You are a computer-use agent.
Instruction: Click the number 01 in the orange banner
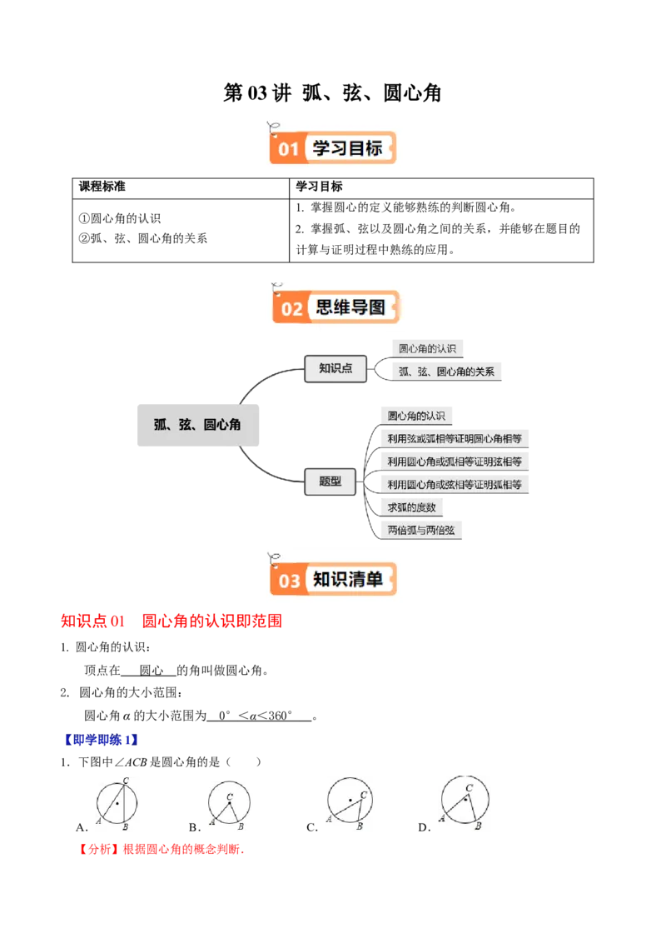coord(288,150)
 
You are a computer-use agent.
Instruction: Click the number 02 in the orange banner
coord(291,309)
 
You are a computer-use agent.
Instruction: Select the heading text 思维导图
coord(351,307)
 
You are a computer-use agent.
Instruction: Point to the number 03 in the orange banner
coord(289,581)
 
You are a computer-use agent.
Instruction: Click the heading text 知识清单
coord(348,579)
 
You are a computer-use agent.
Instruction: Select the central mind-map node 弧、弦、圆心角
coord(197,424)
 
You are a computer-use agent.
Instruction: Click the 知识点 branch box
coord(335,368)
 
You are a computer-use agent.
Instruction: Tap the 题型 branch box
coord(330,481)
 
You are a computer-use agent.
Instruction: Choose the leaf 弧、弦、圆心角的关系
coord(446,372)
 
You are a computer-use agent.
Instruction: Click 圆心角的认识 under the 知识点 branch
coord(427,348)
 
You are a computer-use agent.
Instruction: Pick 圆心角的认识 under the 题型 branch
coord(416,416)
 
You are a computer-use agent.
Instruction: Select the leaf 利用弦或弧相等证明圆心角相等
coord(455,438)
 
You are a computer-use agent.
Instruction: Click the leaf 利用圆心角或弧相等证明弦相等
coord(455,462)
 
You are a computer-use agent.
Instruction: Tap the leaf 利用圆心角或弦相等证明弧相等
coord(455,484)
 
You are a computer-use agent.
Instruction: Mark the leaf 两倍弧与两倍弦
coord(420,530)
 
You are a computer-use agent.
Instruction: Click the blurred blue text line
coord(101,739)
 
